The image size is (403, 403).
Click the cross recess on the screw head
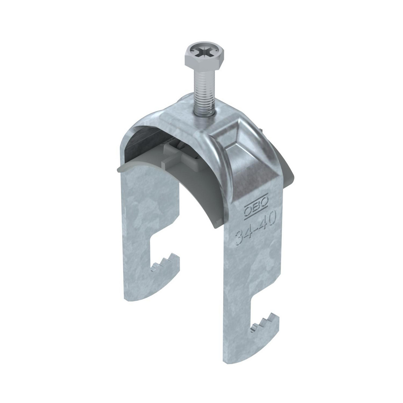click(204, 54)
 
